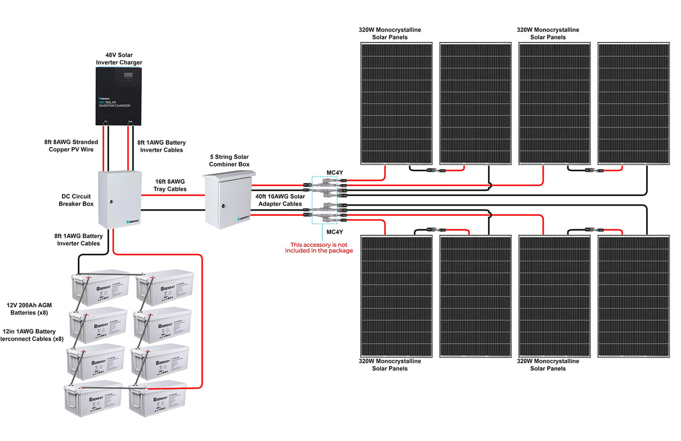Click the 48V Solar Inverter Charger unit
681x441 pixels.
pos(119,96)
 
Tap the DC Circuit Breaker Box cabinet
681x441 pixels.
pos(119,199)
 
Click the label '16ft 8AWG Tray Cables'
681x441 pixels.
pos(170,186)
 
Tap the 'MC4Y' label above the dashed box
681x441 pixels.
pos(334,173)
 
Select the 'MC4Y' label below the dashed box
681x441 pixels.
pos(334,232)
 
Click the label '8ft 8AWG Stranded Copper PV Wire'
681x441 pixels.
pos(71,146)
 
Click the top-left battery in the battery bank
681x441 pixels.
pos(99,287)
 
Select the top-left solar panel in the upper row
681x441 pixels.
pos(397,103)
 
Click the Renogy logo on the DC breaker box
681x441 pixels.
pos(132,221)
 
